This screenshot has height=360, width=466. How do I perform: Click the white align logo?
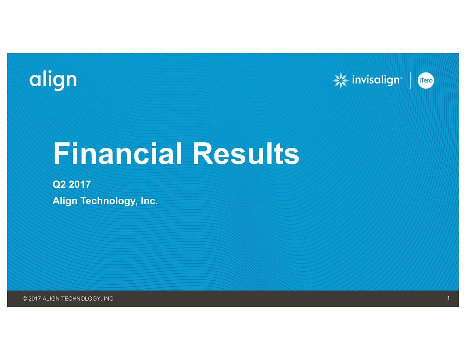point(53,80)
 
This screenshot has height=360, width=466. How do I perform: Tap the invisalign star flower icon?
point(340,80)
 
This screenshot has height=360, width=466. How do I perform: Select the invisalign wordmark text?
point(376,80)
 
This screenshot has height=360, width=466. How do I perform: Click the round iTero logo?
point(426,80)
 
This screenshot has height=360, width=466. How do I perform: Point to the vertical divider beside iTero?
point(410,80)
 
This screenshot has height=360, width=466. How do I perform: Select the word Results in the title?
point(246,154)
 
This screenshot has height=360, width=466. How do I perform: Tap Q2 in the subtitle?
point(59,185)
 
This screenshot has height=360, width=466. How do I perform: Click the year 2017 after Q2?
point(80,185)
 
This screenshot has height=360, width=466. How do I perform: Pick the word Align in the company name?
point(65,201)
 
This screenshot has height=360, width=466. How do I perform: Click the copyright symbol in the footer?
point(25,299)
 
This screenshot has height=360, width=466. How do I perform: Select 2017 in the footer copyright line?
point(35,299)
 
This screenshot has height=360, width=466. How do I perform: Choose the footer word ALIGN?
point(51,299)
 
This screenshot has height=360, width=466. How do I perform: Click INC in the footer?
point(108,299)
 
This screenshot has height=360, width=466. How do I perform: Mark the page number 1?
point(448,298)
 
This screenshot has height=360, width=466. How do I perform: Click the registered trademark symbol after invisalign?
point(401,78)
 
